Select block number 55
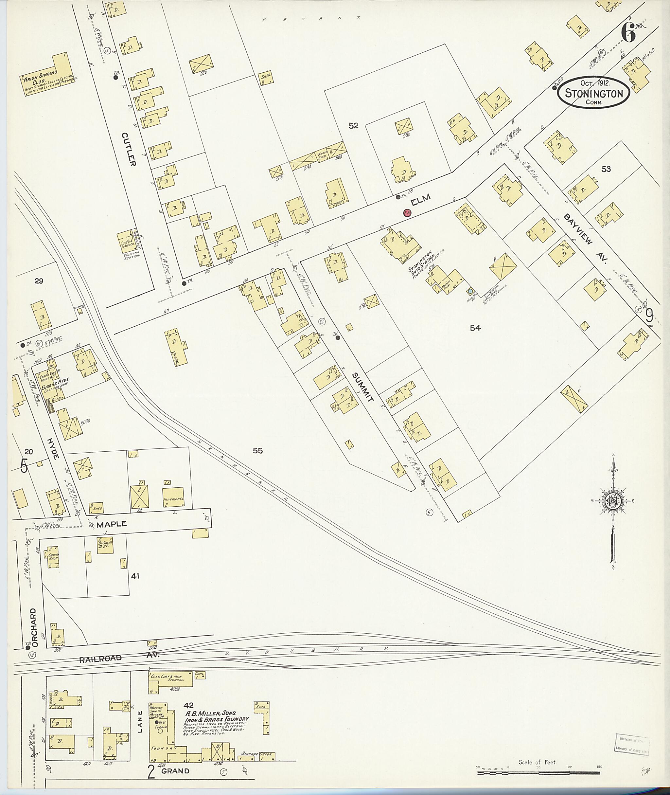click(257, 451)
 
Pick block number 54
click(475, 328)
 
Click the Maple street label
click(111, 524)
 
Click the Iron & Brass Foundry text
click(217, 719)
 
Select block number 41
click(135, 576)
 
